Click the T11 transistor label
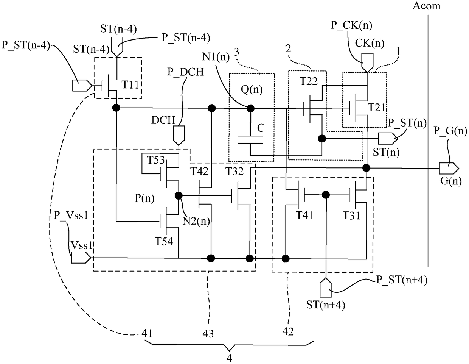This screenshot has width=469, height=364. pyautogui.click(x=130, y=84)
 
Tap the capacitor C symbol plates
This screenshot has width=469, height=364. pyautogui.click(x=250, y=140)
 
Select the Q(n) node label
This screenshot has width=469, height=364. pyautogui.click(x=252, y=89)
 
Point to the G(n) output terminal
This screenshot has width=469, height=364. pyautogui.click(x=449, y=169)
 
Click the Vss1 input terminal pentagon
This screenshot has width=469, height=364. pyautogui.click(x=81, y=258)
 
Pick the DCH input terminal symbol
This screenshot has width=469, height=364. pyautogui.click(x=179, y=136)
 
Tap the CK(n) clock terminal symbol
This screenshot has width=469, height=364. pyautogui.click(x=367, y=63)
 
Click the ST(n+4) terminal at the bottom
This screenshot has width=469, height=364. pyautogui.click(x=326, y=287)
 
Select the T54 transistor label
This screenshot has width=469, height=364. pyautogui.click(x=164, y=241)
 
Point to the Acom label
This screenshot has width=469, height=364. pyautogui.click(x=427, y=6)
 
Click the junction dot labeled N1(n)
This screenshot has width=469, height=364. pyautogui.click(x=250, y=108)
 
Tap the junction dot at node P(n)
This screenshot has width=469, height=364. pyautogui.click(x=179, y=196)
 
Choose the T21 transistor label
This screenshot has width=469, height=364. pyautogui.click(x=376, y=108)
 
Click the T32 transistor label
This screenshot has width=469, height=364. pyautogui.click(x=234, y=172)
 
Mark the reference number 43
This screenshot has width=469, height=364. pyautogui.click(x=208, y=334)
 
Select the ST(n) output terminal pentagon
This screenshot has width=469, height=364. pyautogui.click(x=388, y=139)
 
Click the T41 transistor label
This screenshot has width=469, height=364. pyautogui.click(x=304, y=215)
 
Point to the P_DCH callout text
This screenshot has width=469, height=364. pyautogui.click(x=186, y=72)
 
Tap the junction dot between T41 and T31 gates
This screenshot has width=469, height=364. pyautogui.click(x=326, y=195)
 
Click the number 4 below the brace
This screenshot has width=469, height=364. pyautogui.click(x=229, y=358)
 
